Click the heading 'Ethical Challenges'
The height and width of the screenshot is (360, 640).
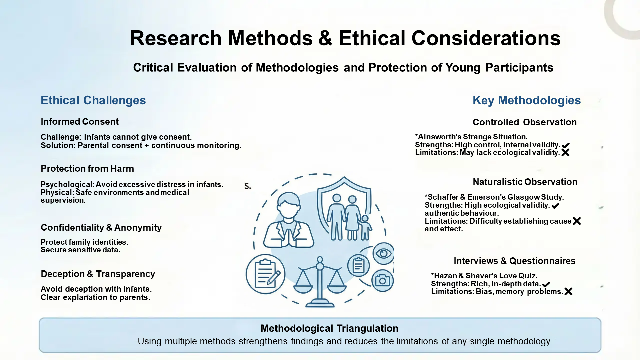click(x=93, y=100)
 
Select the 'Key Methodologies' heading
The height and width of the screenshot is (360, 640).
click(x=526, y=100)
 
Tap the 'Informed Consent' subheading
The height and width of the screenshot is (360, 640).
click(x=79, y=122)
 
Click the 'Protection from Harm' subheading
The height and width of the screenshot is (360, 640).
click(x=87, y=169)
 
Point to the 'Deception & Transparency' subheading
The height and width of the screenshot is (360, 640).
click(x=98, y=274)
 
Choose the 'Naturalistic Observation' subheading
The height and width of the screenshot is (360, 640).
click(x=525, y=182)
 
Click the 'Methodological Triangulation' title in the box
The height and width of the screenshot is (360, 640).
click(x=329, y=328)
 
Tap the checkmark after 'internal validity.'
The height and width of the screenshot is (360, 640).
click(x=566, y=145)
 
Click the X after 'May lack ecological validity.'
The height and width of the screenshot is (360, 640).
click(x=565, y=153)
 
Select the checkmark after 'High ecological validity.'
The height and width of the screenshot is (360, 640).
click(x=555, y=206)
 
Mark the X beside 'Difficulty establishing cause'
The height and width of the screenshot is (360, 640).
click(x=577, y=221)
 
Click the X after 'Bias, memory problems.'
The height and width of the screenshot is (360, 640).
click(x=568, y=292)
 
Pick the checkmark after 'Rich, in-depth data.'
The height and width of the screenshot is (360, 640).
click(x=546, y=284)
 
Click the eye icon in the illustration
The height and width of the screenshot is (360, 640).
click(x=383, y=254)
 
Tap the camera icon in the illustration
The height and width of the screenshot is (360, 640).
click(x=382, y=281)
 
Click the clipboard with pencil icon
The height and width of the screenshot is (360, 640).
click(x=266, y=274)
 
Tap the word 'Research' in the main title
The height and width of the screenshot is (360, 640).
click(x=176, y=38)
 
